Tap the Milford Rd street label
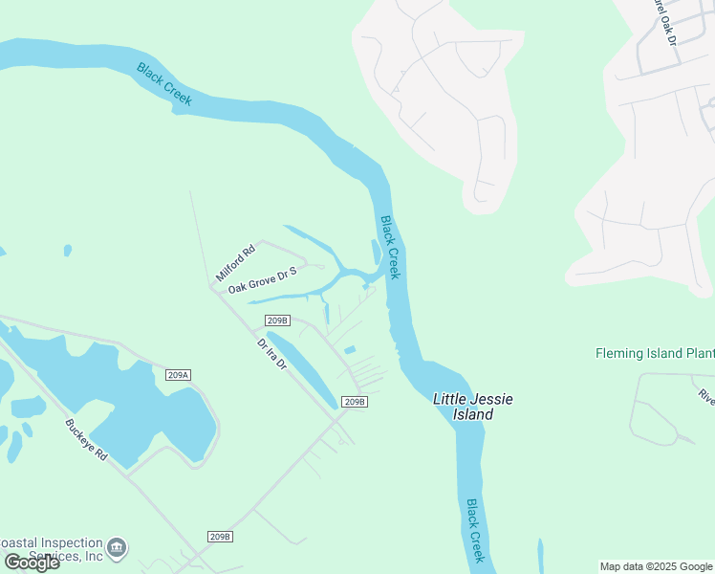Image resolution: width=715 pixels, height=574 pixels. (x=236, y=262)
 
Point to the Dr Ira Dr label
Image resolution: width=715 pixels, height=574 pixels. (x=272, y=354)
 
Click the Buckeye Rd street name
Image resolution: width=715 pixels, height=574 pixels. (x=86, y=441)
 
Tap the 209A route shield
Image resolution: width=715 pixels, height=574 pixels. (x=178, y=374)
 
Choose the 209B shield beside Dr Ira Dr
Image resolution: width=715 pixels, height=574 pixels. (x=278, y=320)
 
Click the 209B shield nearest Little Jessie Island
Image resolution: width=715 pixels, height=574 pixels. (x=355, y=401)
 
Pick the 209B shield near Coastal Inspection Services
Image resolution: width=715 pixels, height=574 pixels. (x=220, y=537)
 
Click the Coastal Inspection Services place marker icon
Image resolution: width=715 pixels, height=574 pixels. (x=117, y=547)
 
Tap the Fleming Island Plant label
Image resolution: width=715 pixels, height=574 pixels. (x=655, y=353)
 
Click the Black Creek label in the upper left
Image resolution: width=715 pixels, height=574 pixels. (x=164, y=84)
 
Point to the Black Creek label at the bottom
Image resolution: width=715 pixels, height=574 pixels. (x=476, y=530)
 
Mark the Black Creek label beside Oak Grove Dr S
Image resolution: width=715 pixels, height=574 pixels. (x=390, y=247)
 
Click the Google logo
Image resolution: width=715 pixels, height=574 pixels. (x=32, y=562)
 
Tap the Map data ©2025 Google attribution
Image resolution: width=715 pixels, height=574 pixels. (x=656, y=566)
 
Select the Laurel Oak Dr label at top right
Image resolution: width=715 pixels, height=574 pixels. (x=663, y=21)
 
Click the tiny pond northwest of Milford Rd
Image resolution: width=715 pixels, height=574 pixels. (x=68, y=251)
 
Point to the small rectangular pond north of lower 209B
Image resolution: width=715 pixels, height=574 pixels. (x=350, y=350)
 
